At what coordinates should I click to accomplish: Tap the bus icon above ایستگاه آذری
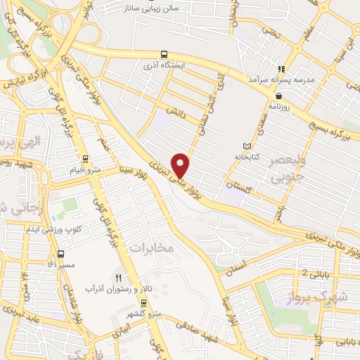tap(164, 53)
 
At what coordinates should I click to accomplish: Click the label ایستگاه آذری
tap(164, 64)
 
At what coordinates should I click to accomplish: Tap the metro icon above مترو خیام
tap(85, 159)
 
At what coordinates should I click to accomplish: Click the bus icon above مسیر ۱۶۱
tap(60, 254)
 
